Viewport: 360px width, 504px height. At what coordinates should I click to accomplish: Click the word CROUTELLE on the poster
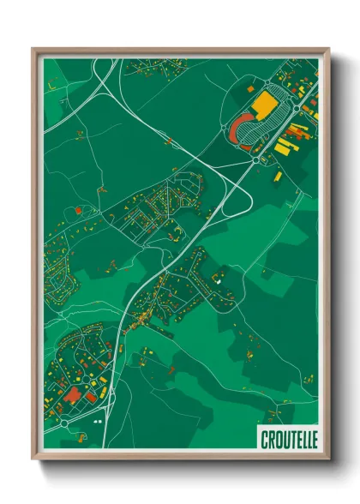click(288, 439)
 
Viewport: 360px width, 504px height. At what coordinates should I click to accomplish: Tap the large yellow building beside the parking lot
click(266, 105)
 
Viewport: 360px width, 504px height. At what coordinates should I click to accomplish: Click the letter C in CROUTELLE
click(263, 439)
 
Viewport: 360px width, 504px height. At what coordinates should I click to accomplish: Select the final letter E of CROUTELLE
click(313, 439)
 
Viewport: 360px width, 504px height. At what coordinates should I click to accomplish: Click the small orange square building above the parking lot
click(250, 88)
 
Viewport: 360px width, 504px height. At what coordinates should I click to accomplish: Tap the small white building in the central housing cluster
click(218, 279)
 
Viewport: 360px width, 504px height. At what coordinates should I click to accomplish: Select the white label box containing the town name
click(288, 439)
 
